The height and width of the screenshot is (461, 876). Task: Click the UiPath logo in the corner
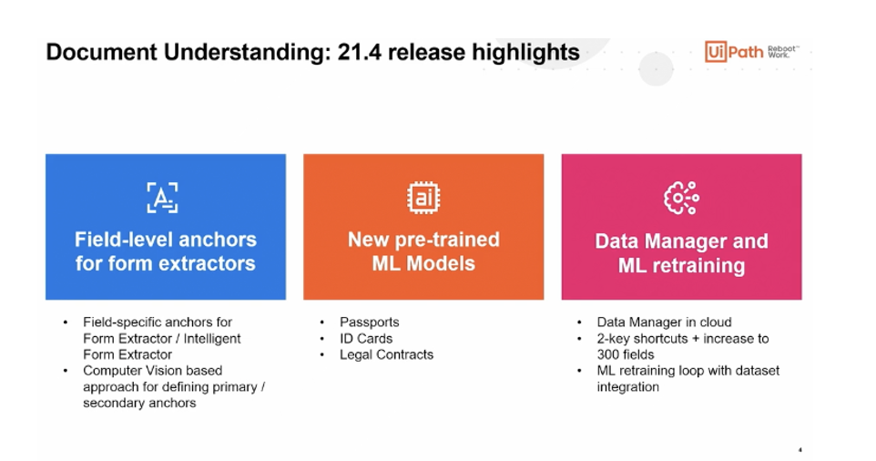pos(734,51)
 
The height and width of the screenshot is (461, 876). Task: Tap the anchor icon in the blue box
pos(162,198)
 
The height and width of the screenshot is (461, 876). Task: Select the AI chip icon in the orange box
pos(423,198)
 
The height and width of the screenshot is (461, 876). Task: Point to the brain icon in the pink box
pos(681,198)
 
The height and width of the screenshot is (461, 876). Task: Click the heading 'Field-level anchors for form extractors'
pos(166,251)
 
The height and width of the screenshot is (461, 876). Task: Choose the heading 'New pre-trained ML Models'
pos(423,251)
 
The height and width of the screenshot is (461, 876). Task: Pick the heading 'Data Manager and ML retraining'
pos(681,253)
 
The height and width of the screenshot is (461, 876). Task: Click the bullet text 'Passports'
pos(369,322)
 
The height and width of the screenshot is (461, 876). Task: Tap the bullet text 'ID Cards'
pos(366,338)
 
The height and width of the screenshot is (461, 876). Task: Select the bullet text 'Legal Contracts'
pos(386,354)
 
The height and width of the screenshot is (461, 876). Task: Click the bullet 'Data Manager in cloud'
pos(664,322)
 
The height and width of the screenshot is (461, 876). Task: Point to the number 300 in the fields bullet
pos(610,354)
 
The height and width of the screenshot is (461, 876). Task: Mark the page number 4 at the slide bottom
pos(800,449)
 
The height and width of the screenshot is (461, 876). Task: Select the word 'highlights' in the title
pos(525,52)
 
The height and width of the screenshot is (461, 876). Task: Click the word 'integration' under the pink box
pos(627,387)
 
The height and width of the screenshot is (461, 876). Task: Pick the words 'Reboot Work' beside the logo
pos(781,50)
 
